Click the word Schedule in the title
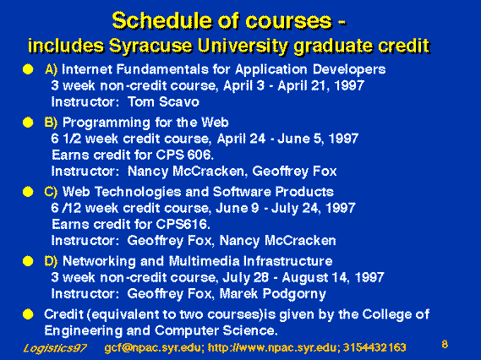(162, 21)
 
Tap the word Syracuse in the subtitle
(151, 46)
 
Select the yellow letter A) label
(51, 69)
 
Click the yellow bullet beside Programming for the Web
(28, 123)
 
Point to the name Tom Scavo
(163, 101)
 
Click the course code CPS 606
(183, 155)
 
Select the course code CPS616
(182, 224)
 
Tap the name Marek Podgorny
(273, 294)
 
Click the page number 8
(445, 344)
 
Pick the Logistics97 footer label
(55, 348)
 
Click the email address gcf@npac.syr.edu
(152, 347)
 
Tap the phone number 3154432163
(374, 347)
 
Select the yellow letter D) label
(51, 261)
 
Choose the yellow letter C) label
(51, 192)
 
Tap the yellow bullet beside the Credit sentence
(28, 314)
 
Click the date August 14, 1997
(333, 278)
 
